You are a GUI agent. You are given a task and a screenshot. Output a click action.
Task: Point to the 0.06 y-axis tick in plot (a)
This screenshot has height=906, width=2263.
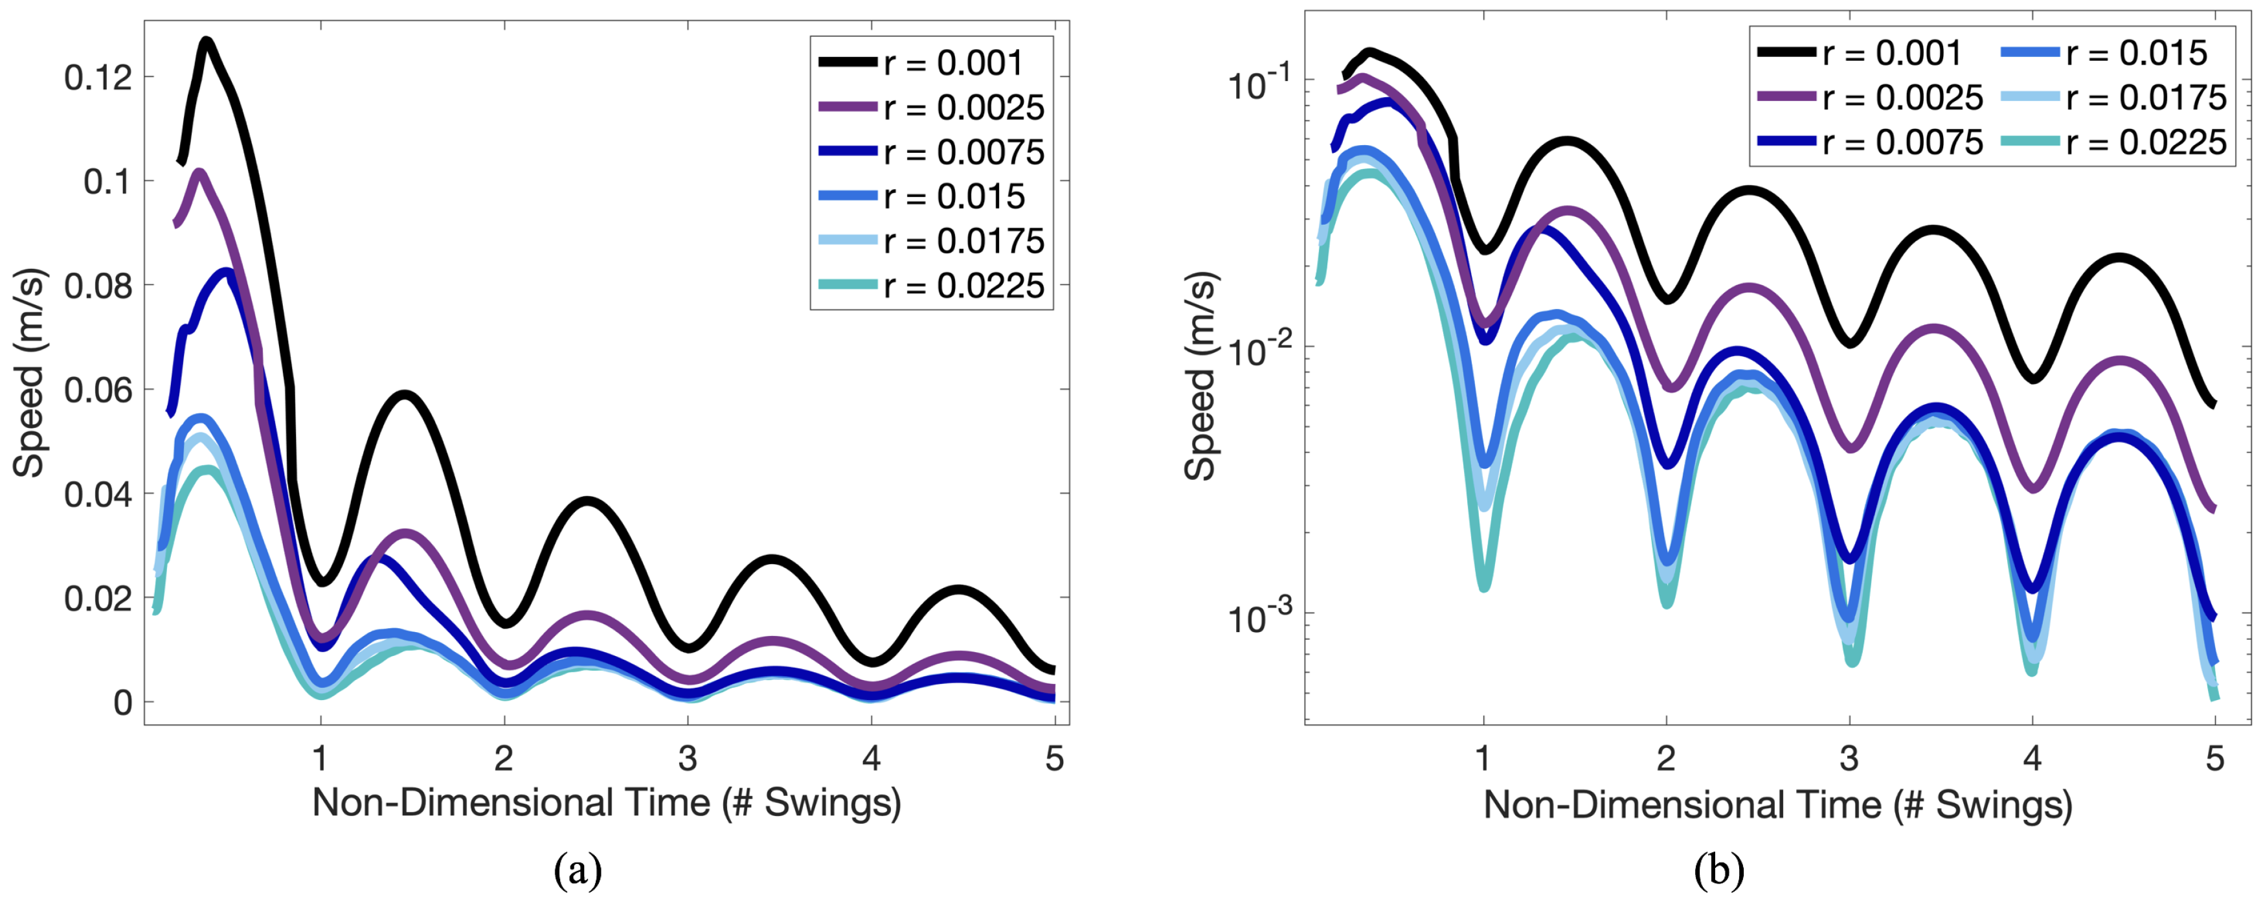[x=98, y=390]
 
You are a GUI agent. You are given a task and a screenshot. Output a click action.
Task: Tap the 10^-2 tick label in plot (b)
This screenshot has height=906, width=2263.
[x=1259, y=349]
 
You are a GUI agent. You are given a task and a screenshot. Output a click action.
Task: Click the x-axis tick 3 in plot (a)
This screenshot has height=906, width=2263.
[x=687, y=758]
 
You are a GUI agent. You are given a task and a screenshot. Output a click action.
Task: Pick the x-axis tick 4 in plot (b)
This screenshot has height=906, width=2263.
[x=2032, y=758]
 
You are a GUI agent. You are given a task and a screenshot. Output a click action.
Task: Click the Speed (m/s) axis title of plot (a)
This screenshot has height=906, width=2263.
[x=30, y=374]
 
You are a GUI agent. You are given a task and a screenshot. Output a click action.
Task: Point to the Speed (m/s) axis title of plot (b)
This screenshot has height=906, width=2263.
[x=1201, y=376]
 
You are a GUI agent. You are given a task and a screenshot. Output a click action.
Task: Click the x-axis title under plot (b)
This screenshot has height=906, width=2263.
[x=1777, y=804]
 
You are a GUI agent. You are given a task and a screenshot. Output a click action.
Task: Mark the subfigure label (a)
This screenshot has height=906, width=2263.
[x=578, y=871]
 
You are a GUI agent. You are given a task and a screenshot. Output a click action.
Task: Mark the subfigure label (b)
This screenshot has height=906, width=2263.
[x=1719, y=871]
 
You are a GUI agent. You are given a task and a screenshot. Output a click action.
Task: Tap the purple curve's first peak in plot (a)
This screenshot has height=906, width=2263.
[x=199, y=172]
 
